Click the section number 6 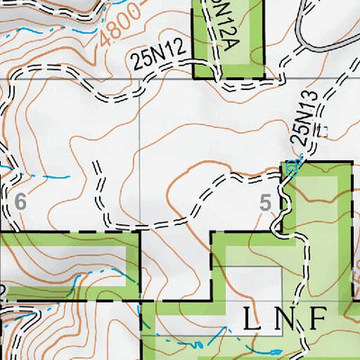(x=19, y=201)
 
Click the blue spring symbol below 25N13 (x=290, y=167)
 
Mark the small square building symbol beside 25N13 (x=321, y=132)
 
